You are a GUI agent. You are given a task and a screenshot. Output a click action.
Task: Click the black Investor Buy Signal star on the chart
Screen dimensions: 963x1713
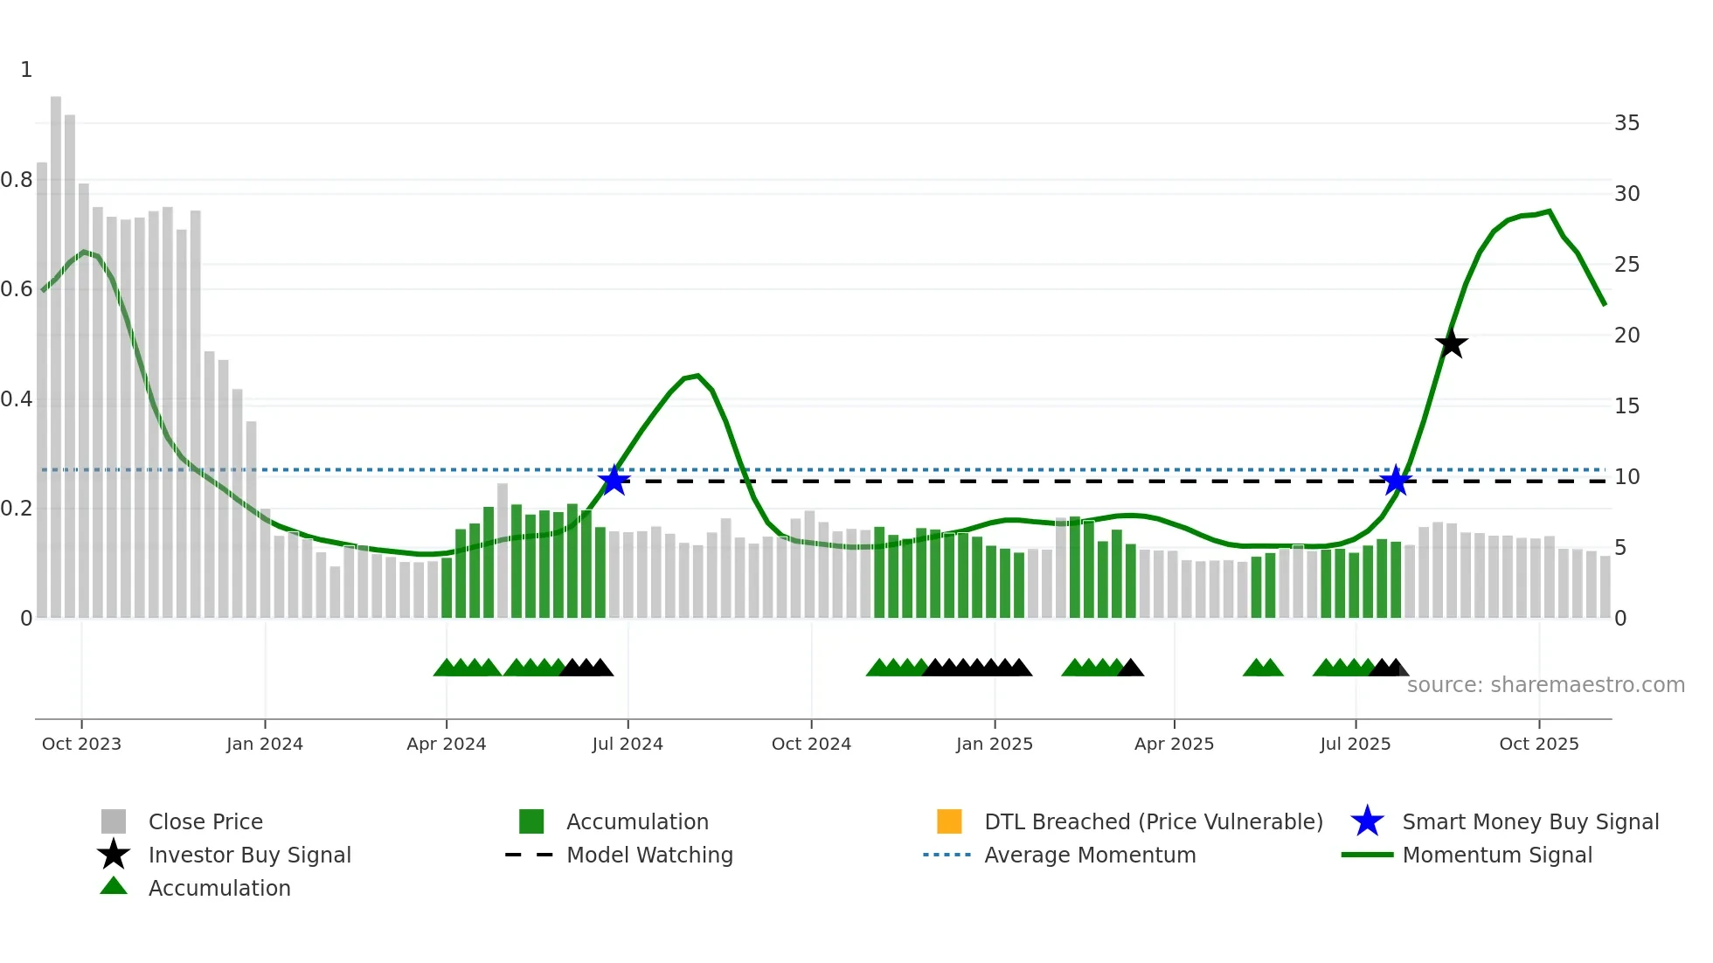tap(1451, 344)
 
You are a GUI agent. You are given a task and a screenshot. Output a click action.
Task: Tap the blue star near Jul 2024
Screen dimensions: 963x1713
tap(614, 481)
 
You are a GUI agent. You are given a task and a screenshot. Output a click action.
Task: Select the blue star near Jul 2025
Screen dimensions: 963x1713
tap(1396, 481)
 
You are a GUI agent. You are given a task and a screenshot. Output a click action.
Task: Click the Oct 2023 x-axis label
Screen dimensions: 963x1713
tap(81, 744)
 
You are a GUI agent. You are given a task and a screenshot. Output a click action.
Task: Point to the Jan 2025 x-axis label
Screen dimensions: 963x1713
tap(994, 744)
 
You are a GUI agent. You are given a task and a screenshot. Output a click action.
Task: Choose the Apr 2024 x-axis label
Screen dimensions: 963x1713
tap(446, 744)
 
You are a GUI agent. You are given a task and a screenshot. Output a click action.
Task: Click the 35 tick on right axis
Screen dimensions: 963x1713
tap(1626, 123)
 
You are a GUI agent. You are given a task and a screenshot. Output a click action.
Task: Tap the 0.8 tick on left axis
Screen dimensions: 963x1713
tap(17, 180)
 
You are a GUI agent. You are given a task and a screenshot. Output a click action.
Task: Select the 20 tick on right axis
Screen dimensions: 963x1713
tap(1626, 336)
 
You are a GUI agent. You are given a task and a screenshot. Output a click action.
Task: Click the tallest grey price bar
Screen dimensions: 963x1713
tap(56, 350)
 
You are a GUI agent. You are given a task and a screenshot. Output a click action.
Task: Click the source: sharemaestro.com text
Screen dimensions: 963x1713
tap(1545, 685)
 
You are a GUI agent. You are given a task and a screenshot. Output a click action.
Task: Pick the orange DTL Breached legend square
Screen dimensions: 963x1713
tap(949, 821)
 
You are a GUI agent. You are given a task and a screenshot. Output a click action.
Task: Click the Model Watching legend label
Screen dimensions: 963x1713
tap(649, 855)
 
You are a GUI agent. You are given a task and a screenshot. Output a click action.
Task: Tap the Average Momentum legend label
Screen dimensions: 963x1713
tap(1090, 855)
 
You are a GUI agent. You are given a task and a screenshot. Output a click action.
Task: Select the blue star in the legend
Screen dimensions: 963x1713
tap(1367, 821)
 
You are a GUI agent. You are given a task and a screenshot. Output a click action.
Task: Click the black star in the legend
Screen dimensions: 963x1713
tap(114, 855)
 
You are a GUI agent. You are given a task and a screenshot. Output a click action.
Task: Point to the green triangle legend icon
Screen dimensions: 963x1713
tap(114, 887)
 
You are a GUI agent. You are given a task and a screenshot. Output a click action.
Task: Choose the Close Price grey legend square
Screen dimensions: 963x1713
tap(114, 821)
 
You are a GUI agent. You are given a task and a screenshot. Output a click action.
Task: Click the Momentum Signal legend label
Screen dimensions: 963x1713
tap(1497, 855)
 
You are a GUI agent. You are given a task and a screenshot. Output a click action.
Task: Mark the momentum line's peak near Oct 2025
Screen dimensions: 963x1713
tap(1549, 211)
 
